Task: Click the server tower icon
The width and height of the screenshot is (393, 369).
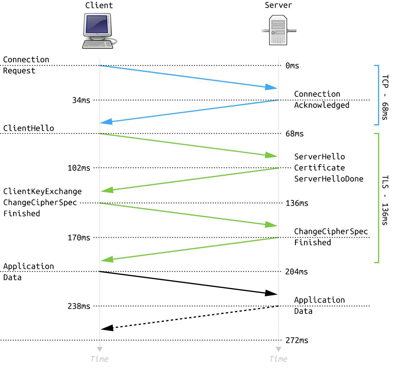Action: [279, 30]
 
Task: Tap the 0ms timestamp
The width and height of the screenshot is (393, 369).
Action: [292, 65]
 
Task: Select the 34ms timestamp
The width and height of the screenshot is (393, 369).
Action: [81, 100]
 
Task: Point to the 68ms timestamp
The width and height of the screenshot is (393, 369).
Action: [294, 134]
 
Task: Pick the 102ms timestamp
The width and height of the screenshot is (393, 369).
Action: [79, 168]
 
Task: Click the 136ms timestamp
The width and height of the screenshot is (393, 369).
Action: [297, 203]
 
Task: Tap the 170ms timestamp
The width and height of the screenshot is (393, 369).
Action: [79, 238]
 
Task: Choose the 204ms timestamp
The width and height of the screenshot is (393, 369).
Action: [296, 272]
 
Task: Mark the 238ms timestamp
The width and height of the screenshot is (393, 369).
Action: [79, 306]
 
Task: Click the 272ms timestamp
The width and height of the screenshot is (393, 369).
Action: [297, 340]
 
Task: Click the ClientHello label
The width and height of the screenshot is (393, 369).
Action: [29, 128]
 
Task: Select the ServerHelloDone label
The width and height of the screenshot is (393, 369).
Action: [329, 179]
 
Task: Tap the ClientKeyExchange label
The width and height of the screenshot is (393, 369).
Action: [42, 192]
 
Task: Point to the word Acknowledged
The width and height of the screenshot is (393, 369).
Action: [322, 105]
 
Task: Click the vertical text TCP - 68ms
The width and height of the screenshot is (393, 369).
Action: [385, 98]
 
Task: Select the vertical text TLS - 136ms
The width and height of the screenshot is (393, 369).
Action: [385, 201]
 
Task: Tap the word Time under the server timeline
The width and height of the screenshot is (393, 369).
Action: [278, 359]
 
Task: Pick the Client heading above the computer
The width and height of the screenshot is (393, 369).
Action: [99, 5]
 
